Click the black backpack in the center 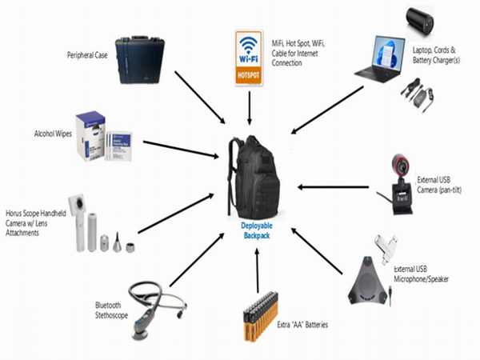(254, 178)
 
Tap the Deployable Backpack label (257, 230)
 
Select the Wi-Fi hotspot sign (249, 58)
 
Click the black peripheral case (140, 60)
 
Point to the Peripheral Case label (87, 55)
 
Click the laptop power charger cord (417, 95)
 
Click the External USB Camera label (439, 185)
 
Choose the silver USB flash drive (386, 249)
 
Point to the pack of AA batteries (261, 316)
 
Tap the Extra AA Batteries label (302, 325)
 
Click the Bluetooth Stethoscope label (111, 310)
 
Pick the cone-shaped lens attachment (117, 242)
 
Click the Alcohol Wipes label (53, 134)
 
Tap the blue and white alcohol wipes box (90, 136)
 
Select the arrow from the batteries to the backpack (257, 270)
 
